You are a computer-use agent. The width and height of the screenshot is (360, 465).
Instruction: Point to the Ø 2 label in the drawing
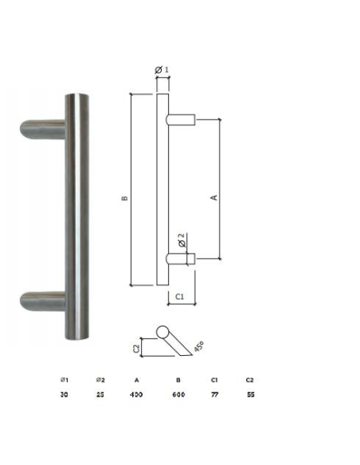[x=182, y=238]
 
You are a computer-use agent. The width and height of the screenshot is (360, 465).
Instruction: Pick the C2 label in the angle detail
[x=136, y=347]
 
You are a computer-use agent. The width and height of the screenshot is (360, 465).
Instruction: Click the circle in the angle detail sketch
[x=163, y=332]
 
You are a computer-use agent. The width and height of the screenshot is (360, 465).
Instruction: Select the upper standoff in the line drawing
[x=181, y=119]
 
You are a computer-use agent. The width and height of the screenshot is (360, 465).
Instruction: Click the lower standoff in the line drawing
[x=181, y=258]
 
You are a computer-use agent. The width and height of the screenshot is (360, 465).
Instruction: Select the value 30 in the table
[x=64, y=394]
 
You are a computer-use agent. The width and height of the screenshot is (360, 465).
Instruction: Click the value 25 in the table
[x=100, y=394]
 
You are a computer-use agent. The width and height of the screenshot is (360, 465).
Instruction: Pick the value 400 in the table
[x=136, y=394]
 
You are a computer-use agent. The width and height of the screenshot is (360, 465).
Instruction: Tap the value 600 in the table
[x=178, y=394]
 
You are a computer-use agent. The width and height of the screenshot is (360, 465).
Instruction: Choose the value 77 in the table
[x=213, y=394]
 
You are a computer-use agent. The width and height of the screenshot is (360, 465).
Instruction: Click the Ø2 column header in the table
[x=100, y=379]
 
